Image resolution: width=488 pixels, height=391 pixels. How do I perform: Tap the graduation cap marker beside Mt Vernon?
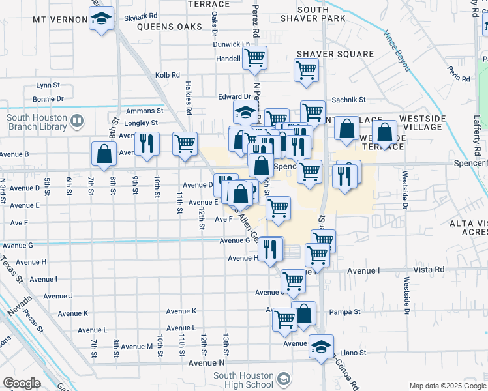pos(101,18)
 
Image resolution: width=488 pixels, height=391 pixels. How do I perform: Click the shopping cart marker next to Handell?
pos(254,57)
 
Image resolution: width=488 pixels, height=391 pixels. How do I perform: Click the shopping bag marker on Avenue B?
pos(104,154)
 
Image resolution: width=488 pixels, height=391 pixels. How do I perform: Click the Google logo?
pos(22,383)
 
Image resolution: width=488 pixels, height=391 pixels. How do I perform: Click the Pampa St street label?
pos(344,312)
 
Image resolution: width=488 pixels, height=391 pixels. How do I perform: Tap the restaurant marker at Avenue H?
pos(269,248)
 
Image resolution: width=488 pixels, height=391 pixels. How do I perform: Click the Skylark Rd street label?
pos(144,15)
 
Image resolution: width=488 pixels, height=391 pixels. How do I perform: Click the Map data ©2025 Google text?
pos(447,386)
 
